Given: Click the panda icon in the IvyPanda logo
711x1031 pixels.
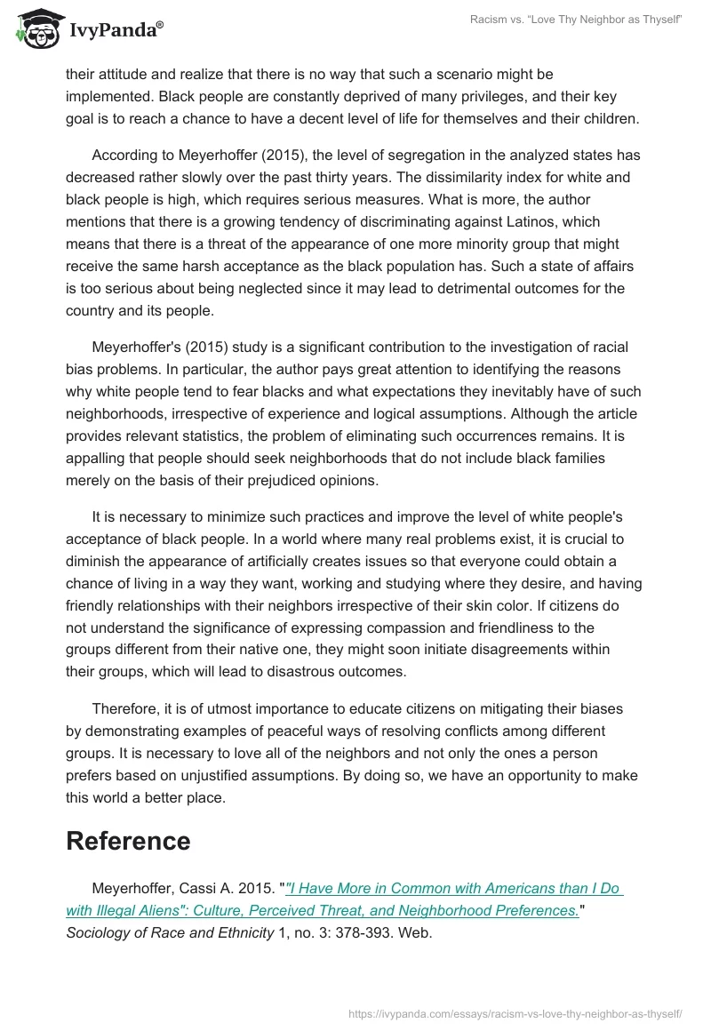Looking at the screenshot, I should [35, 30].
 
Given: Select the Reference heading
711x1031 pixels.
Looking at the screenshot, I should [128, 841].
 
